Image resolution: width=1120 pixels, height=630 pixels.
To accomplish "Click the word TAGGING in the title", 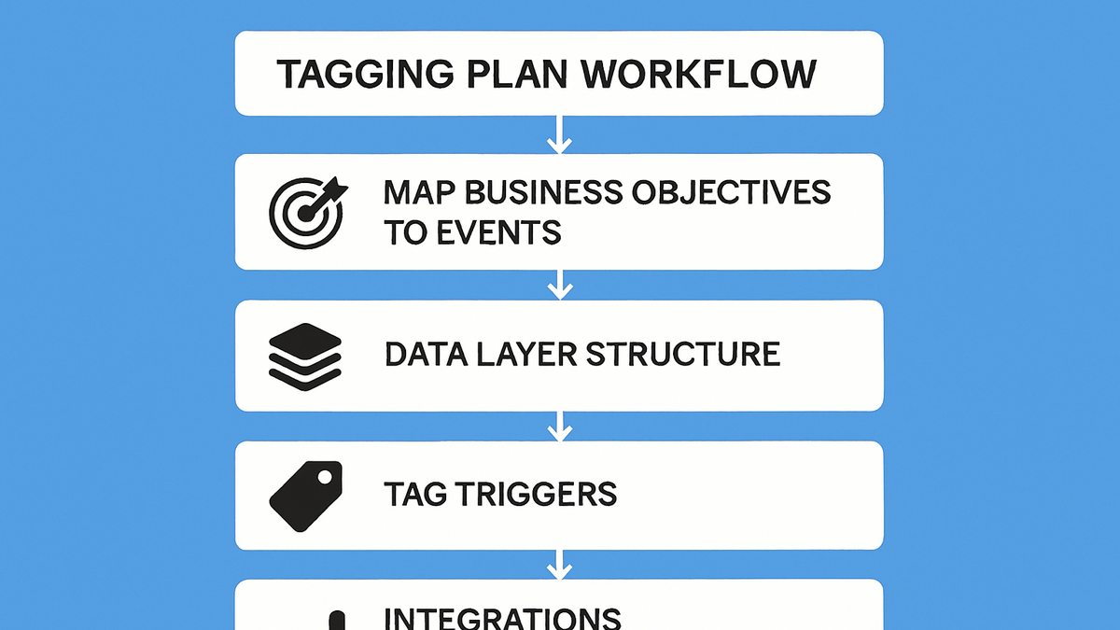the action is tap(366, 74).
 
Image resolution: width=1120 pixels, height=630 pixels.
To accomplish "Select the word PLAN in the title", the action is tap(517, 74).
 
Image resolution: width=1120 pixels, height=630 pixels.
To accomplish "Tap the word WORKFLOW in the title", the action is tap(698, 74).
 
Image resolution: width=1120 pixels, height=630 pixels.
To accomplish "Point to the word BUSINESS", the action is tap(543, 192).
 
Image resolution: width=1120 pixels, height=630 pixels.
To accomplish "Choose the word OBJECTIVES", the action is tap(732, 192).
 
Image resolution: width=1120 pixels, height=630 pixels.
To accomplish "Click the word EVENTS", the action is tap(499, 232).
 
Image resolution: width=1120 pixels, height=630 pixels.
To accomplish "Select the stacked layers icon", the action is tap(305, 357).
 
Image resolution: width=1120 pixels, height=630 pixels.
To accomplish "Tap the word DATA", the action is tap(426, 354).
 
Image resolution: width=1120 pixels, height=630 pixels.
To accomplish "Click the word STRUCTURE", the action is tap(683, 354).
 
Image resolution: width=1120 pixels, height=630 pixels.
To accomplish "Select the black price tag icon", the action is tap(306, 496).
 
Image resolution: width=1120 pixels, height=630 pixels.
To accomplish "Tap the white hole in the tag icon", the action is tap(325, 477).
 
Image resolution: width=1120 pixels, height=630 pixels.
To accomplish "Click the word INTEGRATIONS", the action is tap(502, 619).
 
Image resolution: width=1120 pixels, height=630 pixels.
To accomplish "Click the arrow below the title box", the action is tap(559, 134).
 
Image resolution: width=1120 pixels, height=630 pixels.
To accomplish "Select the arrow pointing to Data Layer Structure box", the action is tap(560, 285).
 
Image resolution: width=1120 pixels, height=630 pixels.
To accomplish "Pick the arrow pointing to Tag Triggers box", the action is tap(560, 427).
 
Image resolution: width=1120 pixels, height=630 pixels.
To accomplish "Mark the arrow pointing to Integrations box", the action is tap(559, 565).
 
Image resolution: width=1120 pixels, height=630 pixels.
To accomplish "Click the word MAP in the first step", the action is tap(419, 192).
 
